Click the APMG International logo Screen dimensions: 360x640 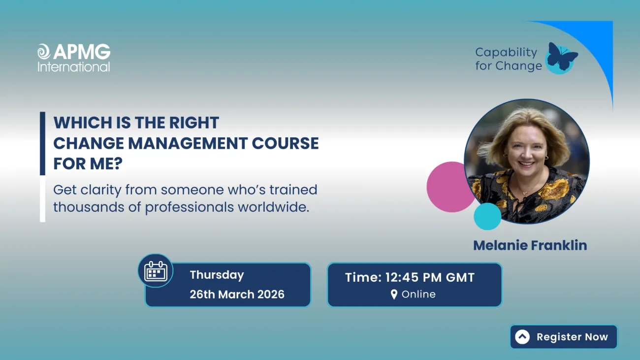click(74, 58)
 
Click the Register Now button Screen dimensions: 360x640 click(563, 337)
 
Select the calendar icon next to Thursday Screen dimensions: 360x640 click(156, 271)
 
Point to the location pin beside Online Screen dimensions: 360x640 click(394, 295)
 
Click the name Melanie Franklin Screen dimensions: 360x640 click(530, 245)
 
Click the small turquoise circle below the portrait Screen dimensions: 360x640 click(487, 217)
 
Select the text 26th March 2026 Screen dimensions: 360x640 click(237, 295)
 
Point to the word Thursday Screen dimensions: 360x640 click(217, 275)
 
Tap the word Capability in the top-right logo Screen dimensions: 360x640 click(499, 52)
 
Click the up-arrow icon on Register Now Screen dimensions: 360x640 click(522, 337)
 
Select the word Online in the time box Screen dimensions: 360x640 click(418, 295)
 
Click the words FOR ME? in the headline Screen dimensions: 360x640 click(88, 164)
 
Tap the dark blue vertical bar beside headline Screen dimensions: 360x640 click(42, 143)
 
